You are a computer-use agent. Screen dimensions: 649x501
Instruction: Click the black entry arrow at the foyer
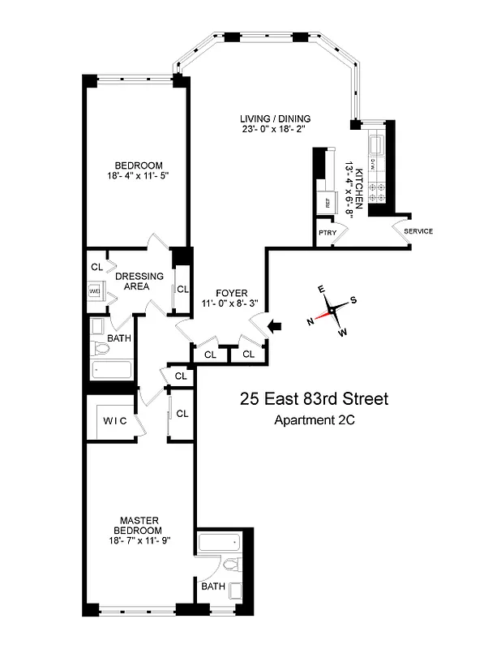275,326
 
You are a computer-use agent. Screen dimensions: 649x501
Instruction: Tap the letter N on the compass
310,321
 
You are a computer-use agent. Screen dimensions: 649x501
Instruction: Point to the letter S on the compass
353,299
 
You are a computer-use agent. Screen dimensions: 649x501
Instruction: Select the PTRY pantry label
328,232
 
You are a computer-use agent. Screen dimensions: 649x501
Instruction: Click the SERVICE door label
417,231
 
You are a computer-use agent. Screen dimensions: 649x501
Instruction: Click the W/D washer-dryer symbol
94,290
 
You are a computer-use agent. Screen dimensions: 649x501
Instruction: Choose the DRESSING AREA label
143,281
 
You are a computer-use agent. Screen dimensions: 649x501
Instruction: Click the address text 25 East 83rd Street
314,399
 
